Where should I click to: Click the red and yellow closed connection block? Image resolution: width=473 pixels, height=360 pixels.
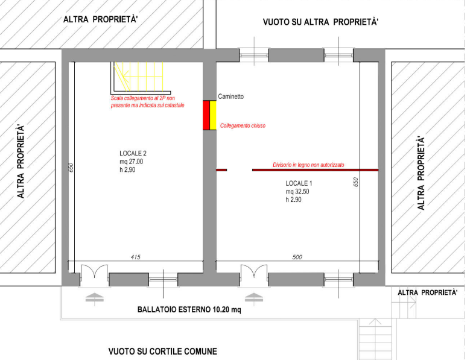[x=209, y=115]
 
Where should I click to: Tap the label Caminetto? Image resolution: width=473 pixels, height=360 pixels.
[x=231, y=96]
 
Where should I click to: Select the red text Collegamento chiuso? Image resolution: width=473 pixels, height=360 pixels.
[x=243, y=125]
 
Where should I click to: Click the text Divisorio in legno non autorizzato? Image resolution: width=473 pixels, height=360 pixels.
[x=308, y=165]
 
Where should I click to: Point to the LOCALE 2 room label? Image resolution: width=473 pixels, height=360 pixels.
[x=133, y=153]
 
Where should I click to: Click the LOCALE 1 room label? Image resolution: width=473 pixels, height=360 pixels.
[x=299, y=183]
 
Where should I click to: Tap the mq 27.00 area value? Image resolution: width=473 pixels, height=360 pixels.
[x=132, y=162]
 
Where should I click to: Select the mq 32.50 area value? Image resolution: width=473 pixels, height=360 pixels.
[x=299, y=191]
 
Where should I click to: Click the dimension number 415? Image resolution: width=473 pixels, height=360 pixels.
[x=136, y=257]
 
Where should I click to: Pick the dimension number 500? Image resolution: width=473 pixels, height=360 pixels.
[x=297, y=257]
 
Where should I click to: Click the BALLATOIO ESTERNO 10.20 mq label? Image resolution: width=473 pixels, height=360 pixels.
[x=189, y=310]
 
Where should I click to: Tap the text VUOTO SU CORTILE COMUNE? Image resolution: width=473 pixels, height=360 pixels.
[x=163, y=351]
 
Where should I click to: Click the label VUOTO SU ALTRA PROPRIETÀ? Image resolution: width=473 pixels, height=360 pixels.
[x=320, y=22]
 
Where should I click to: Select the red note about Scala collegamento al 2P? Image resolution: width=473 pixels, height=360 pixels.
[x=147, y=101]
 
